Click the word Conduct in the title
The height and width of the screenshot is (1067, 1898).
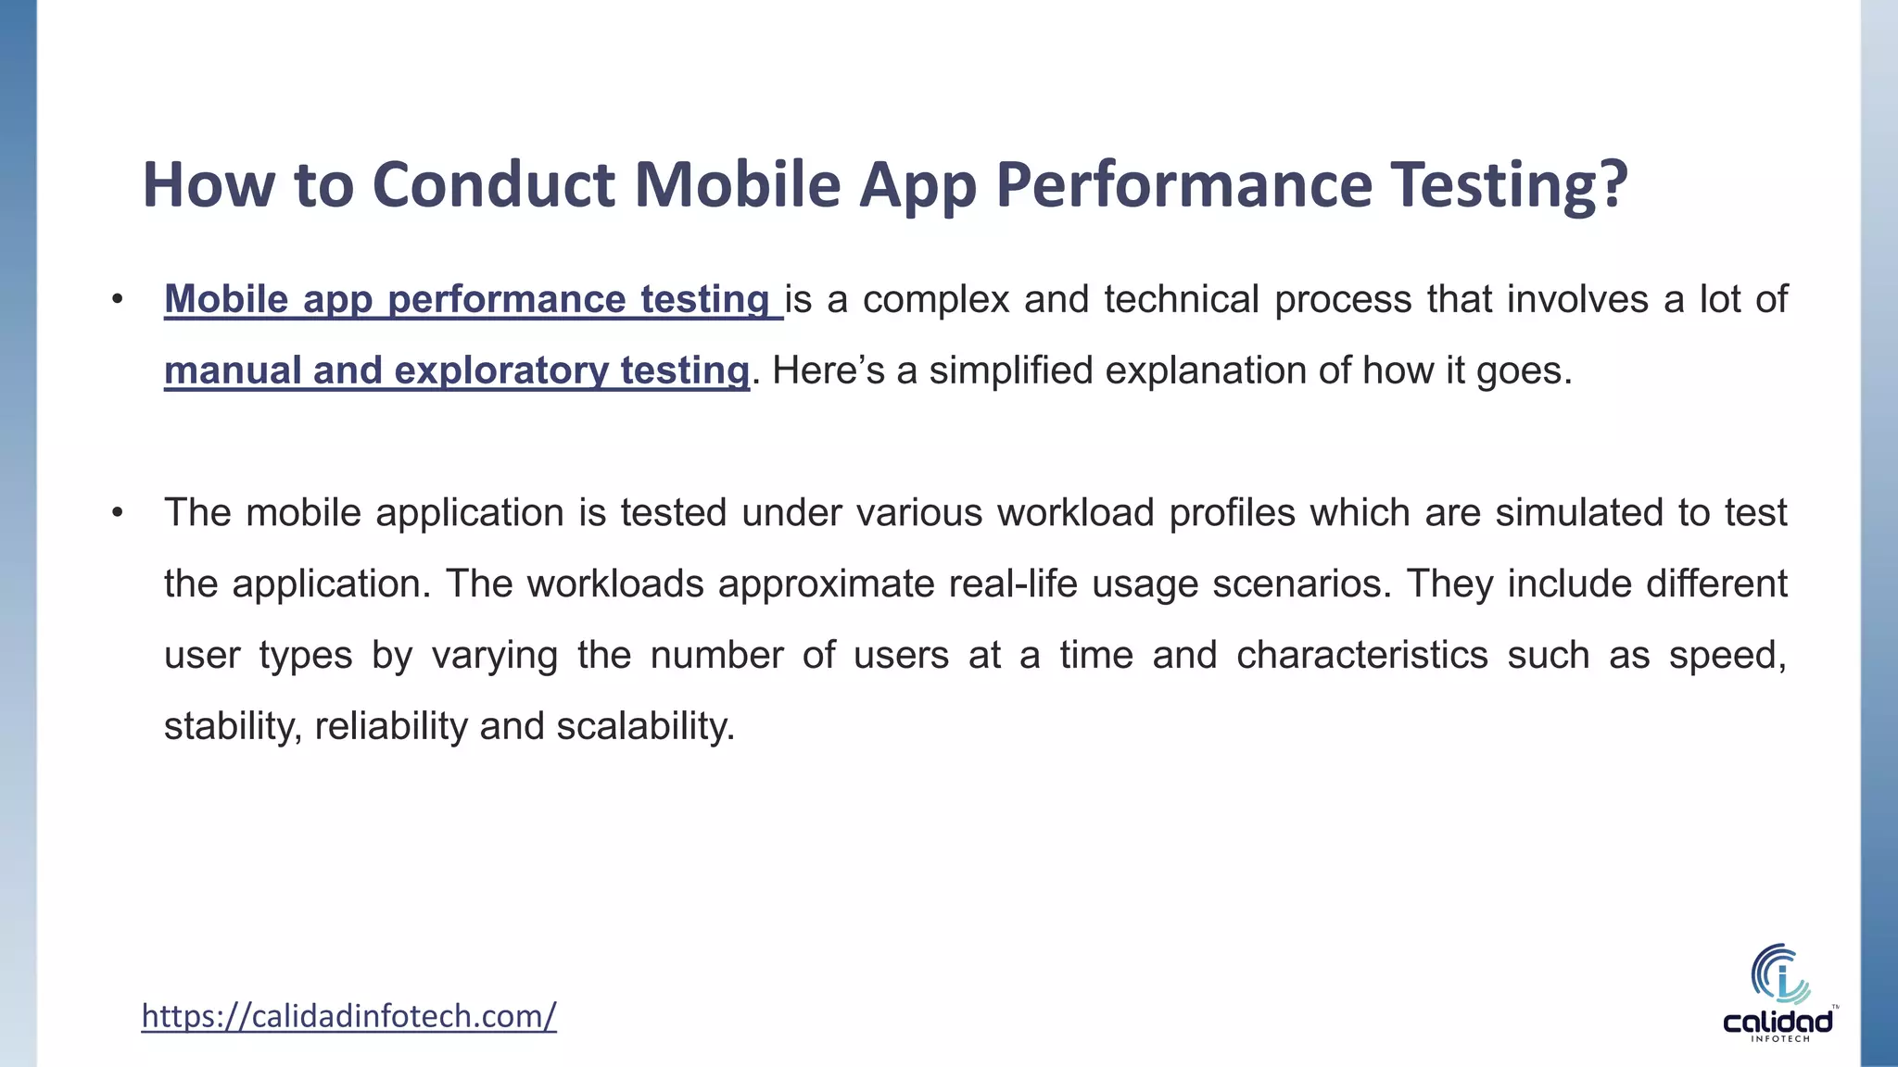point(493,184)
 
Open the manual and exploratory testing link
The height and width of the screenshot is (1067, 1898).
point(456,370)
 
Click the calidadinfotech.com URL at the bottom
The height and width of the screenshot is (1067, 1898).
point(348,1016)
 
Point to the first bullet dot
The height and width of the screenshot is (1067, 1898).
point(117,300)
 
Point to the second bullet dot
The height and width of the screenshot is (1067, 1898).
point(117,513)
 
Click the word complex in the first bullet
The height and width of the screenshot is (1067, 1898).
point(935,300)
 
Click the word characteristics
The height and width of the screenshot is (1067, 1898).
point(1361,656)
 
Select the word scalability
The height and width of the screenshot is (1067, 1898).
point(645,726)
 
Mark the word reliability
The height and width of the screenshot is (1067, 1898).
point(391,726)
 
